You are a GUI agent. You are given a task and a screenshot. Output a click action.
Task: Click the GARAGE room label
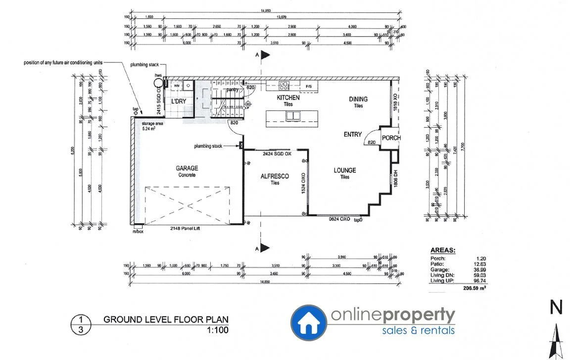(187, 168)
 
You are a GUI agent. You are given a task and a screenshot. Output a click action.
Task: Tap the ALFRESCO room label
(275, 176)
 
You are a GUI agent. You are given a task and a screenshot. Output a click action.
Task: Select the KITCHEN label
(288, 98)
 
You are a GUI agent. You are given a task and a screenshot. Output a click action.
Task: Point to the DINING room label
(358, 99)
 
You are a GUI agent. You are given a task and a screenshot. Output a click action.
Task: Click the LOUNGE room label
(345, 170)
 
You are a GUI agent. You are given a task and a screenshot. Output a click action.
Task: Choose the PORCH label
(391, 138)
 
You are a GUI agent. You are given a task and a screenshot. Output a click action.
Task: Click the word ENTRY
(353, 134)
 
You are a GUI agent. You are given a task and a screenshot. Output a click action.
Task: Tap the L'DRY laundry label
(178, 102)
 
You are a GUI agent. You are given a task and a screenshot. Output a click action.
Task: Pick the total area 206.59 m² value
(470, 287)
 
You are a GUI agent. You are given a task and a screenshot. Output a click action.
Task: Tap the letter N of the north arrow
(557, 308)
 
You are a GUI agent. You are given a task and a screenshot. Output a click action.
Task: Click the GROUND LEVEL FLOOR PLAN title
(166, 320)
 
